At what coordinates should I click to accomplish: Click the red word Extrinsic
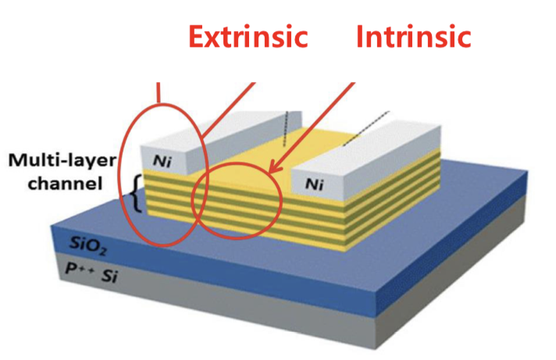coord(249,36)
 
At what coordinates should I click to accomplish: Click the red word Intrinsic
coord(414,36)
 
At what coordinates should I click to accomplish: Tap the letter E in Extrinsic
coord(197,36)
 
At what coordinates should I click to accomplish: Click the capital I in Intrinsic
coord(361,36)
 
